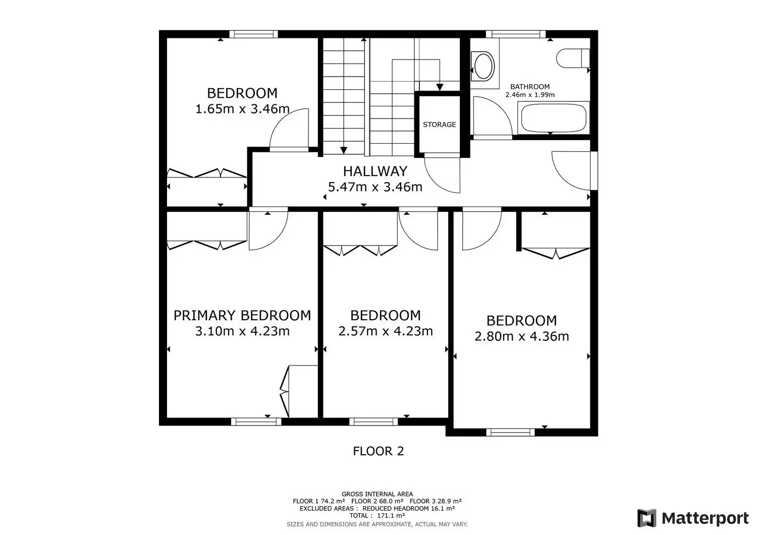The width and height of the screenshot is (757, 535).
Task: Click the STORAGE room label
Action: pos(440,125)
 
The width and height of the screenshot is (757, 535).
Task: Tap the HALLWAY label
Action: pos(375,171)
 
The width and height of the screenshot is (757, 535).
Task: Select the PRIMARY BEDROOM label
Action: pos(242,316)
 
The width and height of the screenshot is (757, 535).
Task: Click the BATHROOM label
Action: pos(530,87)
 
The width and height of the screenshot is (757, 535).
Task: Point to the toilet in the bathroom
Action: pos(573,58)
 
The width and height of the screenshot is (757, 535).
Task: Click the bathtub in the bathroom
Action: pos(554,118)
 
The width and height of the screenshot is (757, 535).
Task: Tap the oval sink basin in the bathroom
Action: pos(483,66)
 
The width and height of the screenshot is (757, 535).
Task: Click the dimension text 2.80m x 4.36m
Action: pos(521,336)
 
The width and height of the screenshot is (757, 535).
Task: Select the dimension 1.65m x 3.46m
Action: pos(242,109)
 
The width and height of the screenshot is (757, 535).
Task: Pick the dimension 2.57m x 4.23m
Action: pos(385,331)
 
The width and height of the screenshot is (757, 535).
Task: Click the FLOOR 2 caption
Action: pos(378,451)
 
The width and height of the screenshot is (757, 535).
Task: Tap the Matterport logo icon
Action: pos(646,518)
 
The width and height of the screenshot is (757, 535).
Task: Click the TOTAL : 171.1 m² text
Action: pos(377,515)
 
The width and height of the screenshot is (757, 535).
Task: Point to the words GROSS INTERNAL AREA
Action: pos(377,494)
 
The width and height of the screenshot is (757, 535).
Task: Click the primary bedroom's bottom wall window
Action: pos(256,421)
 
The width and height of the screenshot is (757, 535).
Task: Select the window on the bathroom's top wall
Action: pos(516,34)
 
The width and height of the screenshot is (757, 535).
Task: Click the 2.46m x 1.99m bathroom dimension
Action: pos(530,95)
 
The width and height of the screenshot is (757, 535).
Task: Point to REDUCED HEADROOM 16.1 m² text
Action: pos(409,508)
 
